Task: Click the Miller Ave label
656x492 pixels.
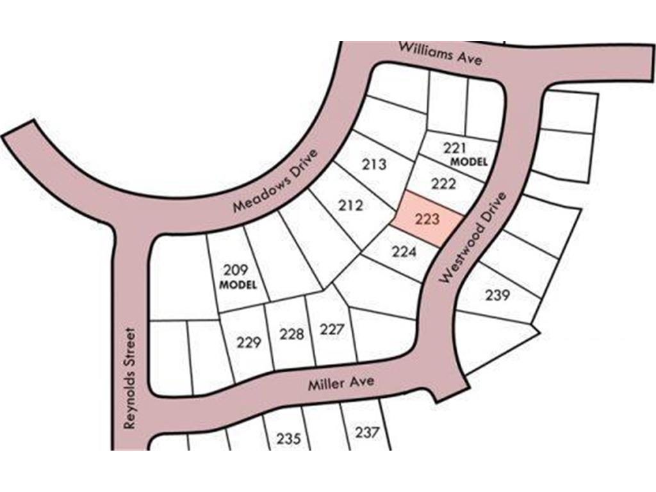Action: [x=341, y=384]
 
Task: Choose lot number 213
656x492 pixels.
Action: [x=374, y=165]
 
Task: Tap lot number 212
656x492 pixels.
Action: [x=350, y=206]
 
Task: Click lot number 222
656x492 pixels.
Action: [x=443, y=184]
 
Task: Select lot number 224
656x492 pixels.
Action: [x=404, y=252]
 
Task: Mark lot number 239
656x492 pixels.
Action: [x=497, y=295]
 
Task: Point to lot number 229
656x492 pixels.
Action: [x=249, y=343]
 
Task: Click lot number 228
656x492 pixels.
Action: [x=291, y=334]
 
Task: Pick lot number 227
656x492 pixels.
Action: [x=332, y=330]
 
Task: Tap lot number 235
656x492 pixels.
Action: [x=289, y=439]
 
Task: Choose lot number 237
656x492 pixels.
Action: [x=367, y=432]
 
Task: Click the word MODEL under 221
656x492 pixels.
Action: [x=469, y=162]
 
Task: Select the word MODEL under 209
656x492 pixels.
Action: [x=238, y=284]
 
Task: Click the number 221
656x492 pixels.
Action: [x=455, y=148]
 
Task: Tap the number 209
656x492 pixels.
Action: [x=235, y=270]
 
